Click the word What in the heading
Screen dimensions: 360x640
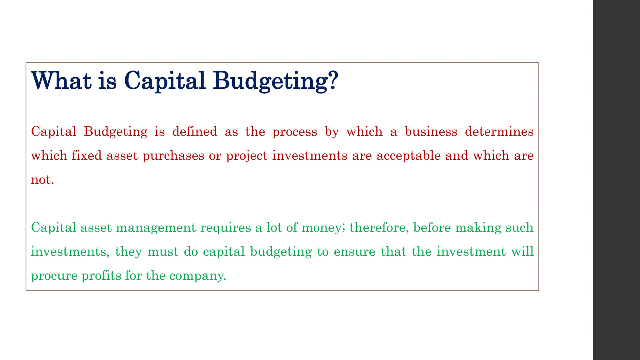coord(61,81)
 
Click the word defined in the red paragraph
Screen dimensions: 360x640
coord(195,131)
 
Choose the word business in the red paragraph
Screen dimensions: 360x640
coord(431,131)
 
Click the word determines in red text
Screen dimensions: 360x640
coord(499,131)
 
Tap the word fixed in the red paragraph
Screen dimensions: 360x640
coord(87,155)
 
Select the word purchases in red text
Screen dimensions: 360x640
coord(173,156)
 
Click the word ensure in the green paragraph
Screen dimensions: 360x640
coord(354,252)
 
